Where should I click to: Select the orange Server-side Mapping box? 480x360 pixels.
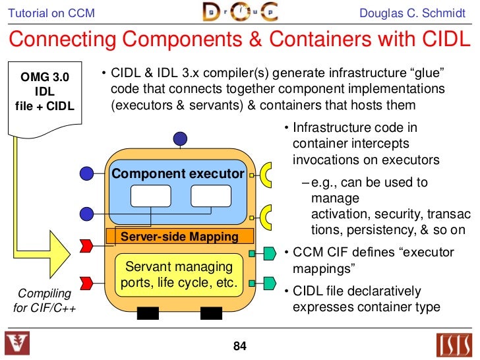click(180, 236)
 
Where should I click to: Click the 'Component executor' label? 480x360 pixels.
click(178, 174)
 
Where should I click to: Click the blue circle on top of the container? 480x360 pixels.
click(180, 138)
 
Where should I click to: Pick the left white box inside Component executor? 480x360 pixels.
click(150, 196)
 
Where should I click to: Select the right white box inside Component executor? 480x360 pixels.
click(210, 196)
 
